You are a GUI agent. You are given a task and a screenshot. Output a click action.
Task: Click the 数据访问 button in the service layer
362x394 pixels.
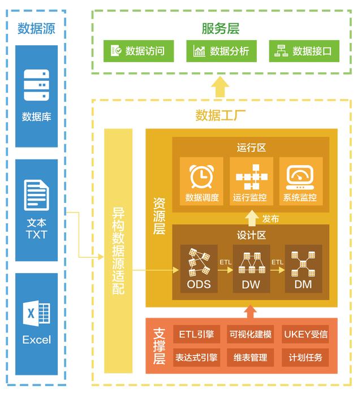click(138, 51)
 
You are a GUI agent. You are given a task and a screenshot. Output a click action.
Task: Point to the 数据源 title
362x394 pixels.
click(36, 29)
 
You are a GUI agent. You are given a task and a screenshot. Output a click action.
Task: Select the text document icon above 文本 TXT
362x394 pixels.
click(36, 195)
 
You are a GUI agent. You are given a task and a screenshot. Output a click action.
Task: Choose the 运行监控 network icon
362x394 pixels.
click(250, 176)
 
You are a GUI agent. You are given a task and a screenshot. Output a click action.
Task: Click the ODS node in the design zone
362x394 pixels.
click(199, 269)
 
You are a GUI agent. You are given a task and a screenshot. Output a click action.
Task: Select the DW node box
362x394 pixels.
click(251, 269)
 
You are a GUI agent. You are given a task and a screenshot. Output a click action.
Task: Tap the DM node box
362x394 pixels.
click(303, 269)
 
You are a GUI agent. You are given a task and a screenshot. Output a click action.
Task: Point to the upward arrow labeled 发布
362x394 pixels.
click(251, 218)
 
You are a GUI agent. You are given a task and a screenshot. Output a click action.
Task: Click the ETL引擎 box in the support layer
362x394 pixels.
click(196, 334)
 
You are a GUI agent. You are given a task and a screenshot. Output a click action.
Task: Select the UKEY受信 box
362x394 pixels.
click(305, 334)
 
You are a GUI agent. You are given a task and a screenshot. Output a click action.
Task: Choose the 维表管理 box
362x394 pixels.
click(251, 357)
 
